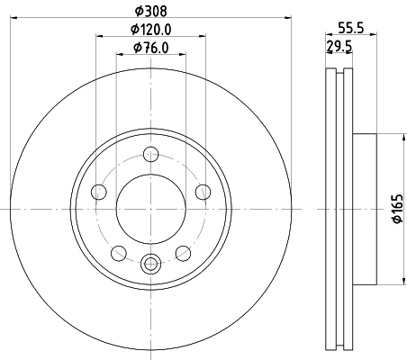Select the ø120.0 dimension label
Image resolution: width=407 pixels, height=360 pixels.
(150, 30)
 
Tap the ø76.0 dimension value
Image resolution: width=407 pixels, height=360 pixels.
(150, 48)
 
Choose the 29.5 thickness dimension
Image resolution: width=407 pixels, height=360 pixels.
(339, 48)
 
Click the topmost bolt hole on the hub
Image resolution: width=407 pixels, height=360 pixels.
(150, 155)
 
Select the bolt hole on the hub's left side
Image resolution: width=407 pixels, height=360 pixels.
(99, 191)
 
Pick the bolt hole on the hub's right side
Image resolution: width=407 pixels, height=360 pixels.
(203, 191)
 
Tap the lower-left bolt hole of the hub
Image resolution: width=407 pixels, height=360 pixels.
(118, 251)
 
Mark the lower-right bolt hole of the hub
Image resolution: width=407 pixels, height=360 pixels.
(183, 251)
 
